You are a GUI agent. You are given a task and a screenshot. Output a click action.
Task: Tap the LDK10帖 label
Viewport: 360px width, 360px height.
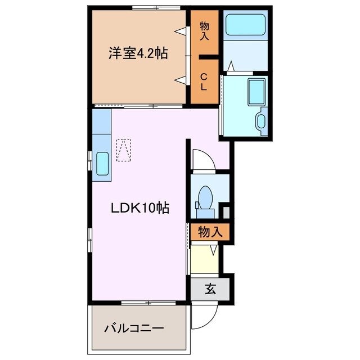point(139,208)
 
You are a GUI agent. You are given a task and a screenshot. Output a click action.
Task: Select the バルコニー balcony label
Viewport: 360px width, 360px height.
point(134,328)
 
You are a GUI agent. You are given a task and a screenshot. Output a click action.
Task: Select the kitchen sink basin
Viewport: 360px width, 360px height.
point(103,164)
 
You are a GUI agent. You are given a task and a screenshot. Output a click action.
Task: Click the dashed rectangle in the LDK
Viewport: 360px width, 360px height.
point(124,150)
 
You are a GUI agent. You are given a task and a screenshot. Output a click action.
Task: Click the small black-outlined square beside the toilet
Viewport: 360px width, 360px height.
point(226,212)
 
